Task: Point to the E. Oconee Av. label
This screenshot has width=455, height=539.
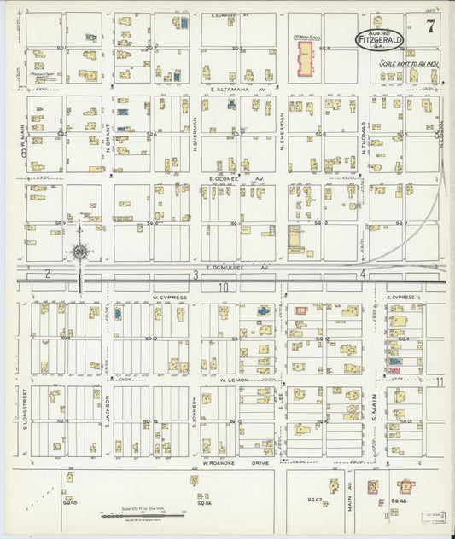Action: click(237, 179)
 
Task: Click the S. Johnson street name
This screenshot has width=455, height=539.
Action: click(195, 411)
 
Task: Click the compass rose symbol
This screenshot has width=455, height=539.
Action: click(79, 252)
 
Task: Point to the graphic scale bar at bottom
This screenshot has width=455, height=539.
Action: click(137, 515)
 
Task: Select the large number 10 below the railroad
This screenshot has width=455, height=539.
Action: click(224, 287)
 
